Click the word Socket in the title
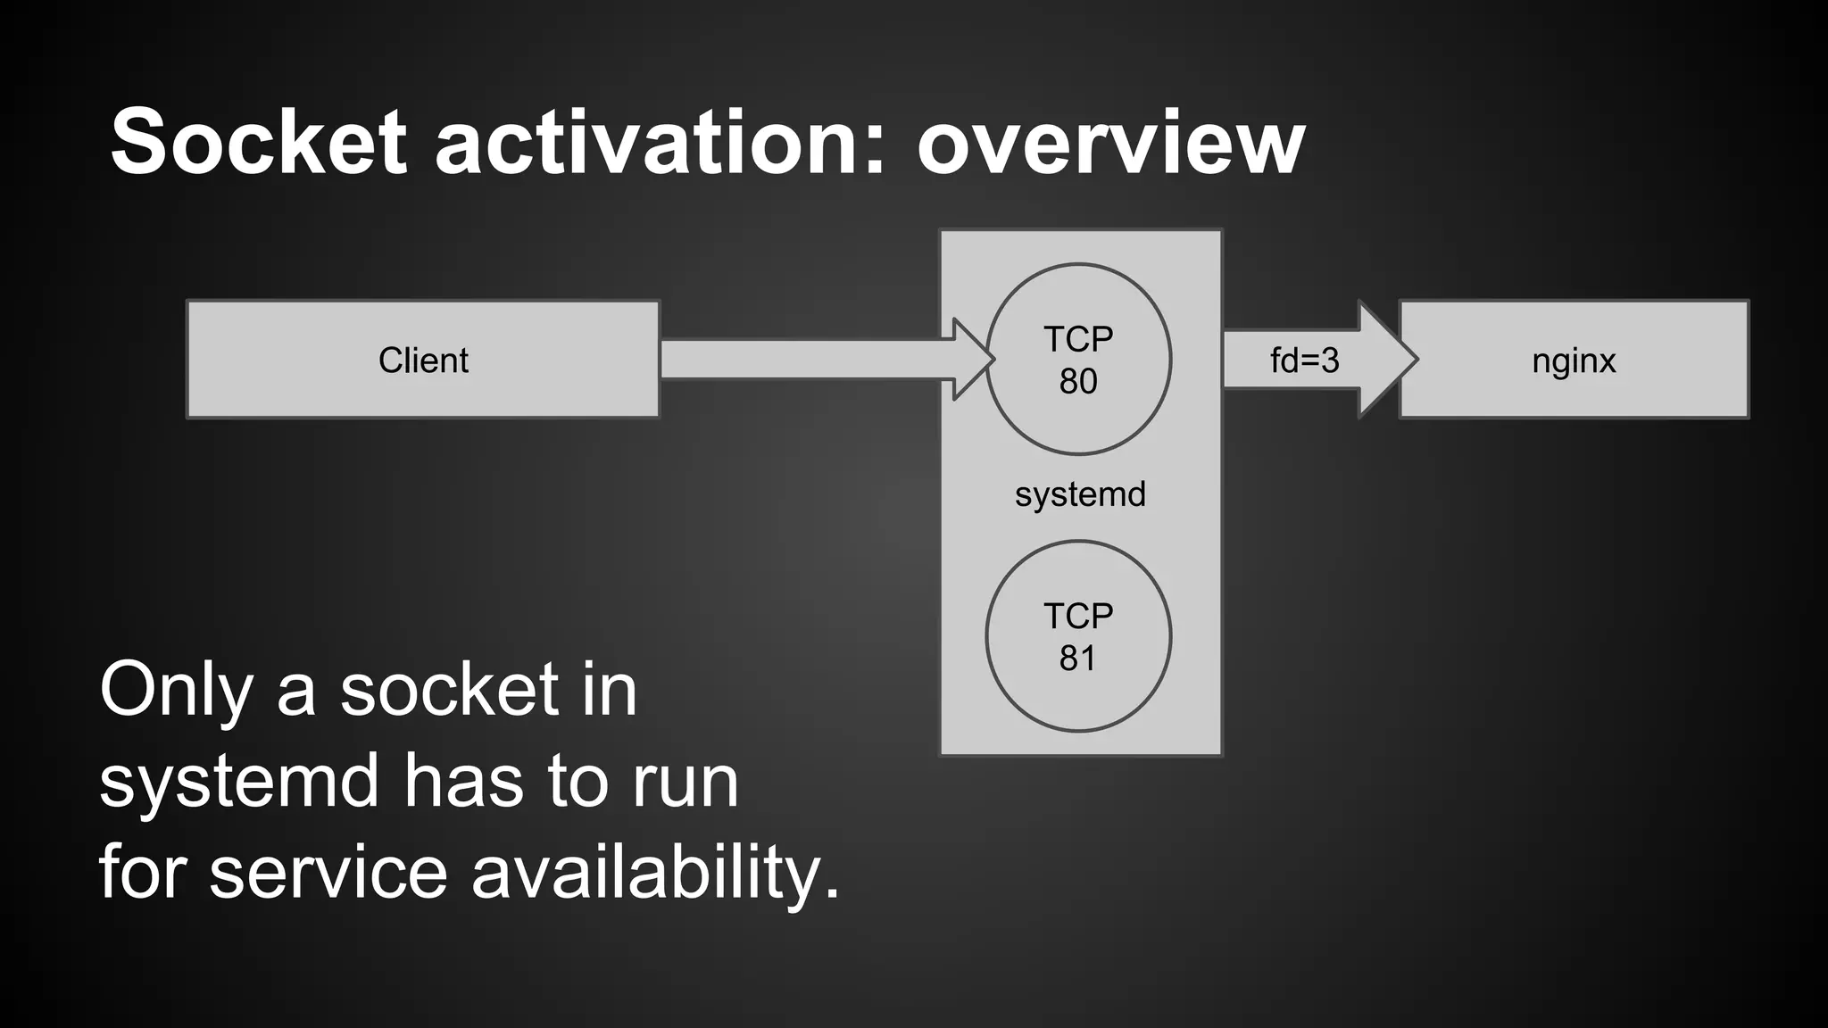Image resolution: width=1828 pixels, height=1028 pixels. [x=259, y=143]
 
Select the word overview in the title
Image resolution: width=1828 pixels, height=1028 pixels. [x=1110, y=143]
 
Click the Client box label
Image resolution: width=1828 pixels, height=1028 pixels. [x=423, y=361]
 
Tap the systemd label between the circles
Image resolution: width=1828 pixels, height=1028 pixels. [x=1080, y=494]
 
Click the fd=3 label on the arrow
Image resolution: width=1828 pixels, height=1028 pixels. [x=1304, y=361]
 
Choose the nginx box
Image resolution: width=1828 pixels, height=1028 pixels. [x=1574, y=361]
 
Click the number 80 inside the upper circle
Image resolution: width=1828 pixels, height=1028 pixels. [x=1078, y=382]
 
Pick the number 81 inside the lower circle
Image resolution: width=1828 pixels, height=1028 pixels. [x=1077, y=659]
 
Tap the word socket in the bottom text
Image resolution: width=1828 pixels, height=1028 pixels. [x=449, y=691]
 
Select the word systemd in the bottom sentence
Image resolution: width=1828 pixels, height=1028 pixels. [x=239, y=782]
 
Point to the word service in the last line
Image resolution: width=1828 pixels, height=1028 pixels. [x=328, y=873]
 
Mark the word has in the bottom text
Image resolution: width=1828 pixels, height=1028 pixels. [x=462, y=782]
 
